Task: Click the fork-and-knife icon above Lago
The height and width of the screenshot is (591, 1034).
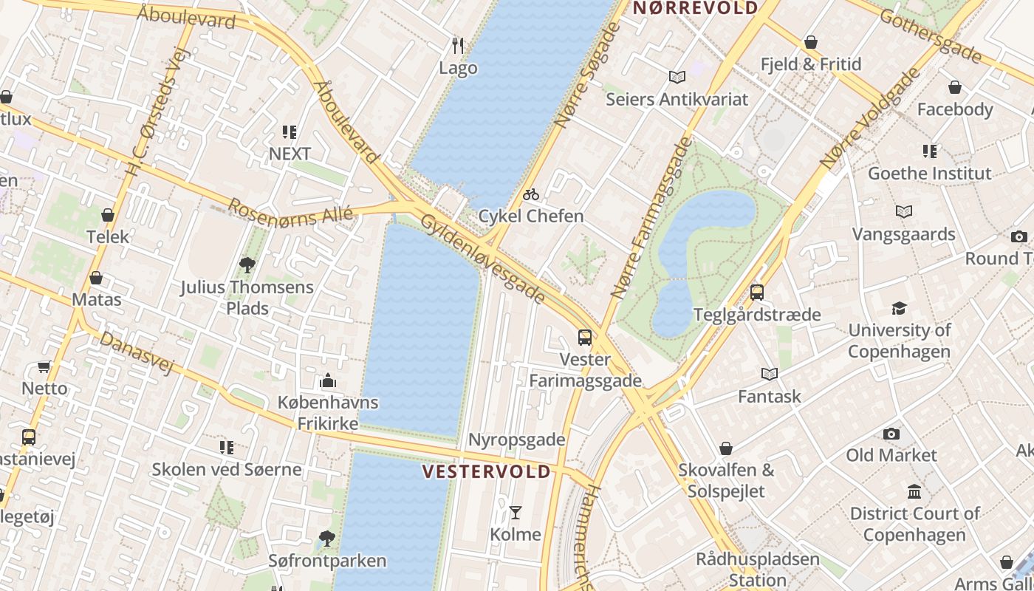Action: tap(458, 46)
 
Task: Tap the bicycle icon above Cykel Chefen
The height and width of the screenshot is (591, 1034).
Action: tap(531, 195)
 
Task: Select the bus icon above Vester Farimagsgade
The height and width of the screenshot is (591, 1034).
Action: tap(585, 338)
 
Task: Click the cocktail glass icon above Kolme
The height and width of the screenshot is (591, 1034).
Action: tap(516, 512)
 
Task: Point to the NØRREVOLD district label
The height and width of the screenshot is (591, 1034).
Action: tap(696, 8)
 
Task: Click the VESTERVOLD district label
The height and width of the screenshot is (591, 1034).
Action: tap(487, 471)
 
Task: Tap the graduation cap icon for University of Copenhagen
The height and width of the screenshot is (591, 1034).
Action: tap(899, 308)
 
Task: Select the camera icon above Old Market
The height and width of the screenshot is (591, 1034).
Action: tap(891, 434)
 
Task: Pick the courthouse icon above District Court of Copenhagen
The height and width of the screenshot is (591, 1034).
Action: tap(914, 492)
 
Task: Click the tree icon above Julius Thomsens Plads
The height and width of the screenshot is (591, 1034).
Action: tap(247, 264)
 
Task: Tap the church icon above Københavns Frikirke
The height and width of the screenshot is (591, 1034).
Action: tap(328, 381)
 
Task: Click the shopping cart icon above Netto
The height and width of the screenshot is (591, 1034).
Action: tap(44, 367)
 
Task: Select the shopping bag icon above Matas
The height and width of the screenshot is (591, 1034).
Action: tap(96, 279)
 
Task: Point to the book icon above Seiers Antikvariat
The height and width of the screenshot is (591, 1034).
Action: tap(677, 77)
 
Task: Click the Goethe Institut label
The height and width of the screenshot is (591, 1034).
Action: tap(929, 174)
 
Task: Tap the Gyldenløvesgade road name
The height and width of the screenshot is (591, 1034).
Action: tap(483, 259)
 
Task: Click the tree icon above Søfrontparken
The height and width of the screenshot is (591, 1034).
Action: tap(327, 539)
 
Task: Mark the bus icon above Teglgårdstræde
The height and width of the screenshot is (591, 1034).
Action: tap(757, 293)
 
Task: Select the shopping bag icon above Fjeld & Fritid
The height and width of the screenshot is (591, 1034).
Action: tap(811, 43)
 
